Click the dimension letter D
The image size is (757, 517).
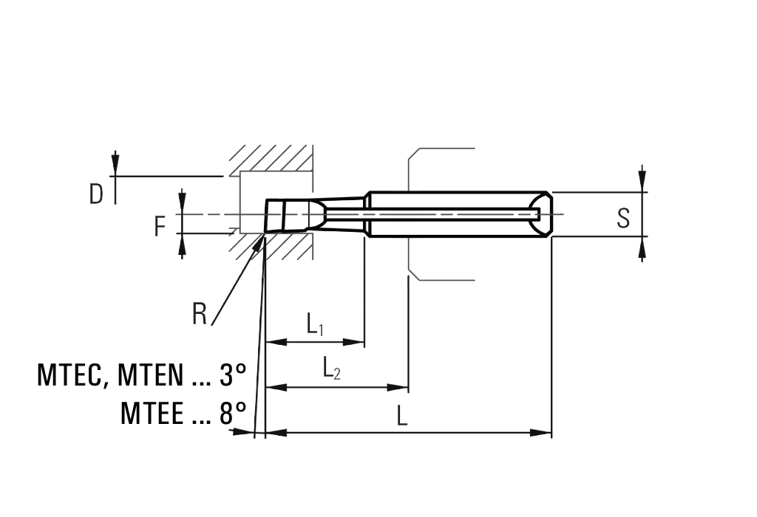[x=96, y=194]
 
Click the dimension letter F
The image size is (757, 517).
[x=160, y=227]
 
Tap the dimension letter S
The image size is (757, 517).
[x=623, y=218]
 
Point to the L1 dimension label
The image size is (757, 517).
[x=315, y=324]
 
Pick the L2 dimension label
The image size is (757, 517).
[x=332, y=368]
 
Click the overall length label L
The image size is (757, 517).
[x=401, y=416]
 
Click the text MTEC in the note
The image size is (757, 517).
[x=69, y=375]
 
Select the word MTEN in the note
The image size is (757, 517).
[x=151, y=374]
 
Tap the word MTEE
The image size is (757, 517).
[x=152, y=414]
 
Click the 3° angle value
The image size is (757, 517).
[x=233, y=374]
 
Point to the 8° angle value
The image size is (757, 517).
[x=233, y=413]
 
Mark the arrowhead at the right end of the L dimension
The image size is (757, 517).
[x=540, y=433]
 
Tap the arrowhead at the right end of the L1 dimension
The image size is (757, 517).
[x=353, y=343]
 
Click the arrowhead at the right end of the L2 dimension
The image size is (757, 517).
[x=398, y=387]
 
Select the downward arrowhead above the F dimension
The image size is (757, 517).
[x=182, y=202]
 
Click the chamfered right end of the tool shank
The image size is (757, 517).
[x=545, y=214]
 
